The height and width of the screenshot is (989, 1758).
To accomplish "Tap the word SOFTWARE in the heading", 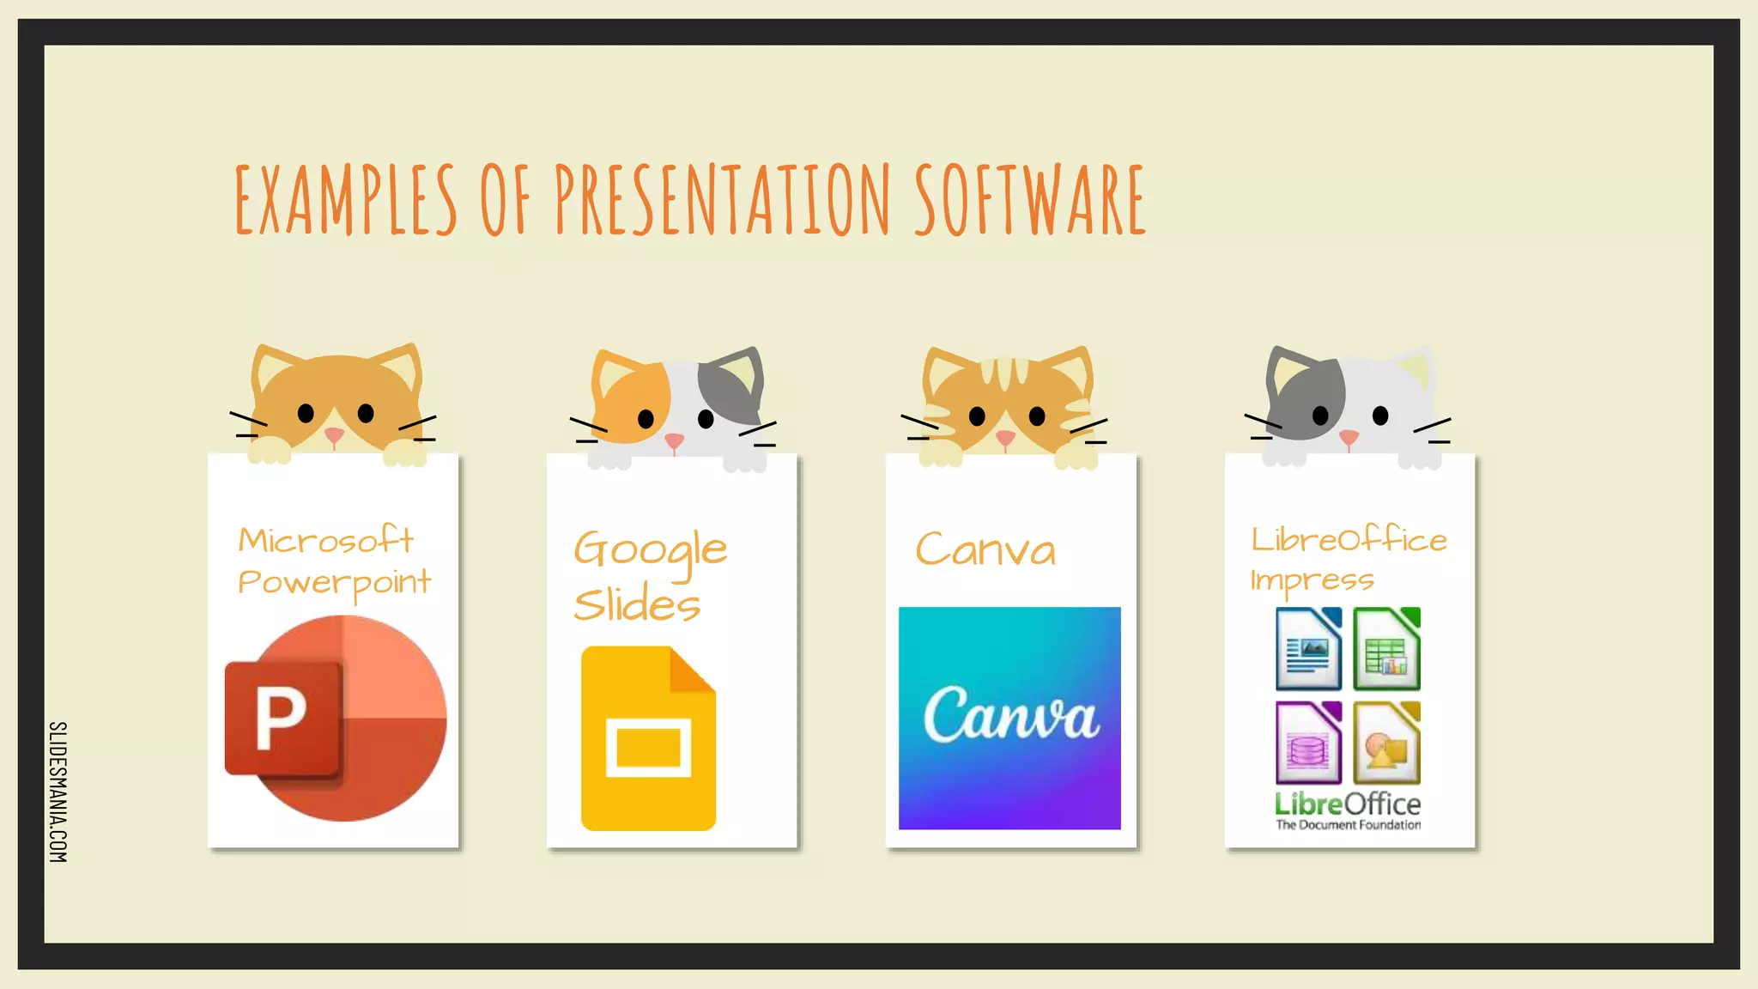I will tap(1029, 199).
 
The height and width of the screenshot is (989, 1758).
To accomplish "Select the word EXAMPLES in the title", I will tap(346, 199).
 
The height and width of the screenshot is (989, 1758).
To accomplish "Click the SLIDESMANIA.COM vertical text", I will tap(58, 792).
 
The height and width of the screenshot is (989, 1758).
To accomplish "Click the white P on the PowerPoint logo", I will tap(281, 719).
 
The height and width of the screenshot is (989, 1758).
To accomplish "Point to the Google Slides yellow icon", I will tap(648, 738).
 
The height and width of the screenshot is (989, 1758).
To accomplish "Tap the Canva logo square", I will tap(1009, 718).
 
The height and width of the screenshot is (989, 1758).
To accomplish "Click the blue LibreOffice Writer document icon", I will tap(1308, 649).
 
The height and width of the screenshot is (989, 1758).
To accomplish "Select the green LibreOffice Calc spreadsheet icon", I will tap(1386, 649).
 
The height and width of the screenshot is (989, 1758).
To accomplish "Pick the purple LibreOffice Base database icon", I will tap(1308, 743).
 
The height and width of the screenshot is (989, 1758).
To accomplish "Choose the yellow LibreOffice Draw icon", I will tap(1386, 743).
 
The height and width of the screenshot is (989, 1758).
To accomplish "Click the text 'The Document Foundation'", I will tap(1348, 825).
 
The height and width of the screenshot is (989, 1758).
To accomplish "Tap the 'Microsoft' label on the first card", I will tap(325, 540).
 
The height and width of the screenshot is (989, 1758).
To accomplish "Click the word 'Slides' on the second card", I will tap(637, 604).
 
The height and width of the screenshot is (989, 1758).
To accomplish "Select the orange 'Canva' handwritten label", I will tap(985, 549).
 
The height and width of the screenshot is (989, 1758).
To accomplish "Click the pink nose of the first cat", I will tap(335, 435).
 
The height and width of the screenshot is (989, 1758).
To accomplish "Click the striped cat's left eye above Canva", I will tap(977, 416).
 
